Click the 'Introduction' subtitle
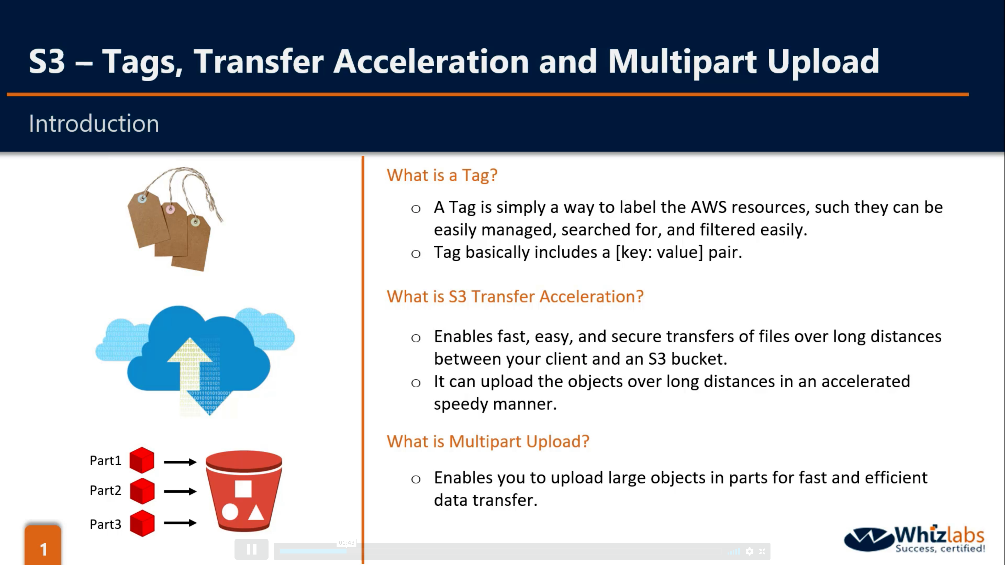click(x=94, y=124)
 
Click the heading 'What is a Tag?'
click(x=442, y=175)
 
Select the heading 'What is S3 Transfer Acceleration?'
click(x=515, y=296)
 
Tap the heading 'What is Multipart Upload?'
click(x=488, y=441)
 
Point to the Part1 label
click(x=105, y=460)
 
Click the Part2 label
click(x=105, y=490)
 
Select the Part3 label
click(x=105, y=524)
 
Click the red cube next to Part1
click(x=142, y=460)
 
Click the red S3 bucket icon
click(x=244, y=491)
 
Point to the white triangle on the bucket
click(x=256, y=513)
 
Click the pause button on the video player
click(x=252, y=549)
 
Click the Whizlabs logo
click(x=914, y=539)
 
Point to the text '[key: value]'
click(x=659, y=252)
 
